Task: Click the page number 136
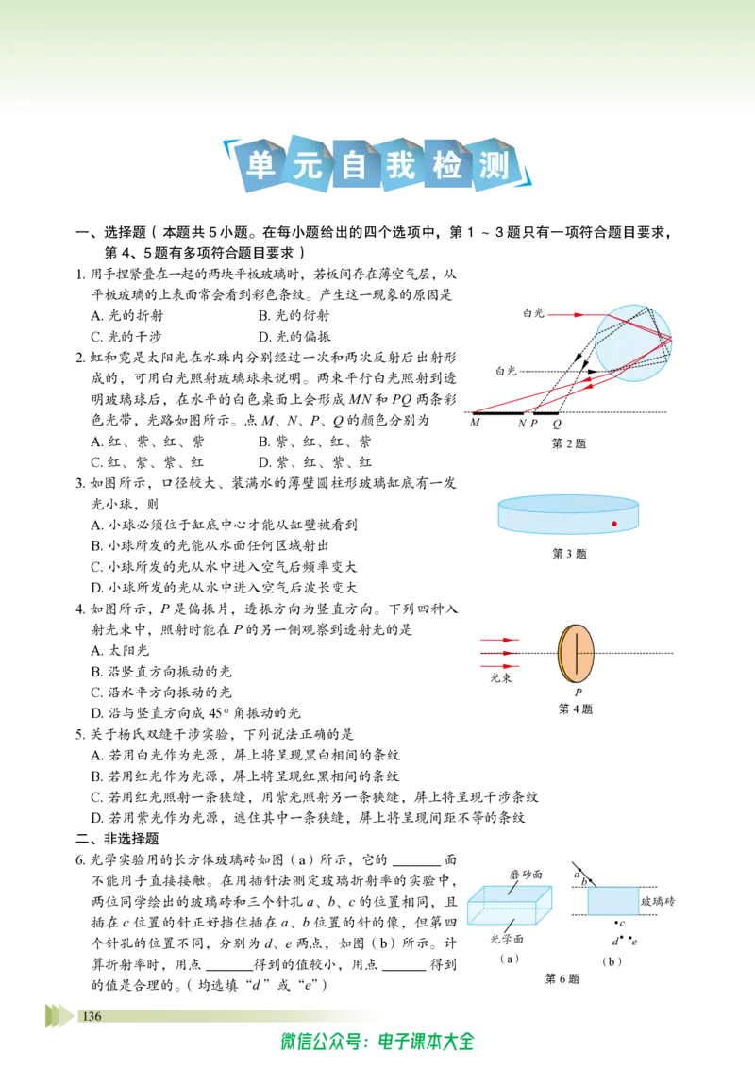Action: (x=92, y=1016)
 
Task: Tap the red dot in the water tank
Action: (x=614, y=524)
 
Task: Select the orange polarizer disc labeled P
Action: (x=576, y=653)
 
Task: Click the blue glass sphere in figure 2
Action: (x=633, y=342)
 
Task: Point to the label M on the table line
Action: (x=475, y=423)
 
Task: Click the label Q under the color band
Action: (x=558, y=423)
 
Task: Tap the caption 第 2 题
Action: (x=568, y=443)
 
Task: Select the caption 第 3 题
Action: (x=569, y=554)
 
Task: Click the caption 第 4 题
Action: (x=576, y=709)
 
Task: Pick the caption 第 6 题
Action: (x=562, y=978)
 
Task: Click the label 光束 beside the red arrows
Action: (x=501, y=677)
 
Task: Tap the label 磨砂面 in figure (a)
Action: (x=526, y=875)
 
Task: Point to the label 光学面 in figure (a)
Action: (x=507, y=939)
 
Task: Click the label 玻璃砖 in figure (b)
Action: (x=658, y=901)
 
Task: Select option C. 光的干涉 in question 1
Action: (x=126, y=337)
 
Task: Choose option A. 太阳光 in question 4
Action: (x=120, y=650)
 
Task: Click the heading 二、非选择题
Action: (x=117, y=839)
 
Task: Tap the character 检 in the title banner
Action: (x=447, y=165)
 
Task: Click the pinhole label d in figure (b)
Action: (x=615, y=942)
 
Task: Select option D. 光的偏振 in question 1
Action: (x=294, y=337)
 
